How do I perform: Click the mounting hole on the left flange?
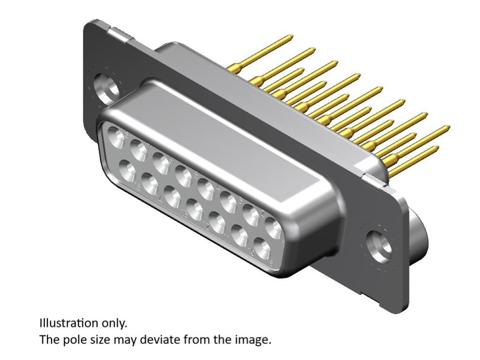click(107, 87)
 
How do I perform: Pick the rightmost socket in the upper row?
click(273, 228)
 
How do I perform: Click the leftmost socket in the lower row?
click(127, 171)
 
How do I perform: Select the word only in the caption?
click(115, 324)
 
